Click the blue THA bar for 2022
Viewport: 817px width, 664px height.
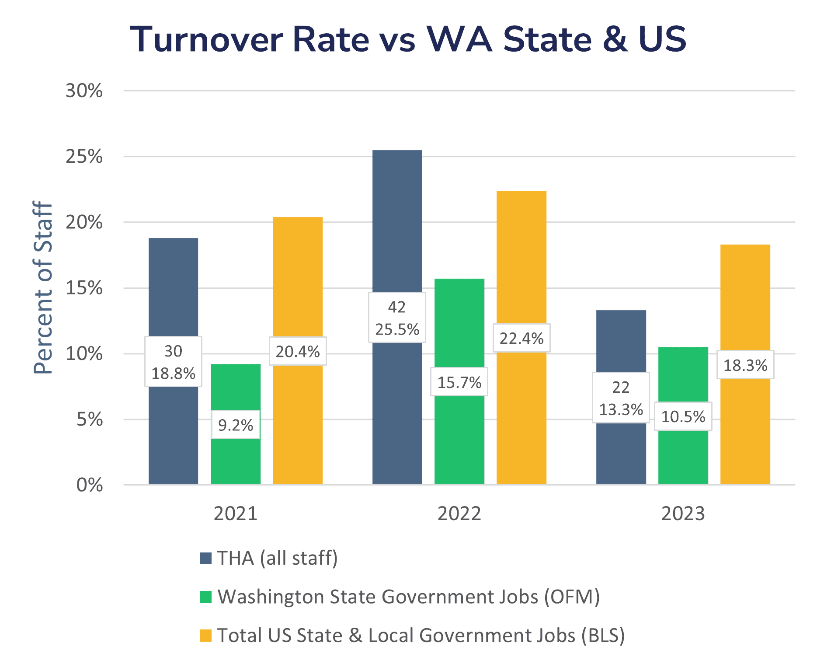point(397,219)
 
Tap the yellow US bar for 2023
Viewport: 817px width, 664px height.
point(745,306)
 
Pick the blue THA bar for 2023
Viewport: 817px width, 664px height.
point(621,341)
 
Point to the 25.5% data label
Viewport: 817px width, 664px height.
point(397,329)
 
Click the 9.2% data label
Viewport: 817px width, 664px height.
point(236,425)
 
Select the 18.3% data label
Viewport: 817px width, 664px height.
point(745,365)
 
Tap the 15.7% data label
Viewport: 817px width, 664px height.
point(459,382)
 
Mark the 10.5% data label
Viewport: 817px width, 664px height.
point(683,416)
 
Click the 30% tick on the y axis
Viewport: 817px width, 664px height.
point(84,91)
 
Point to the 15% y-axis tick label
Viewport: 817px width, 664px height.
point(84,288)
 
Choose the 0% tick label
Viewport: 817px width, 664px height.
point(89,485)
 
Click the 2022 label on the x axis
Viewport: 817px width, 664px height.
point(459,514)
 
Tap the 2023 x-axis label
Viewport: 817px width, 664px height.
point(683,514)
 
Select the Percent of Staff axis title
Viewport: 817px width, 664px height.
point(43,287)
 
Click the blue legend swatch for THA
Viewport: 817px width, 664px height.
point(205,558)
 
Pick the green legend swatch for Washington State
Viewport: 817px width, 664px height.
point(205,597)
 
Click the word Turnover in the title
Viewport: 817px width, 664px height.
point(207,39)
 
